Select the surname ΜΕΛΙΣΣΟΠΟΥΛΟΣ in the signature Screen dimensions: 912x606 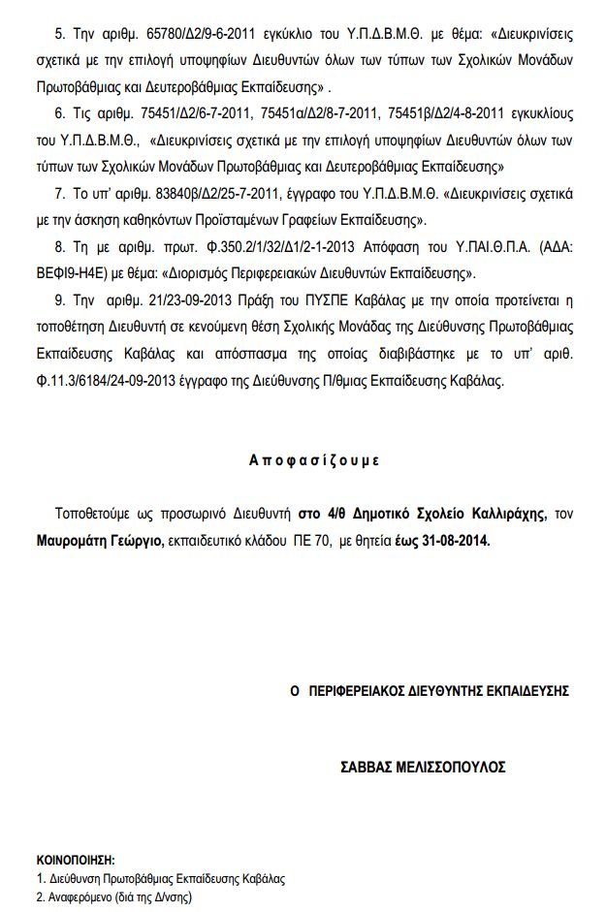click(454, 766)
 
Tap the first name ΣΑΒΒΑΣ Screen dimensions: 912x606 click(369, 766)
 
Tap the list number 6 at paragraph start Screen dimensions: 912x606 click(58, 113)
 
